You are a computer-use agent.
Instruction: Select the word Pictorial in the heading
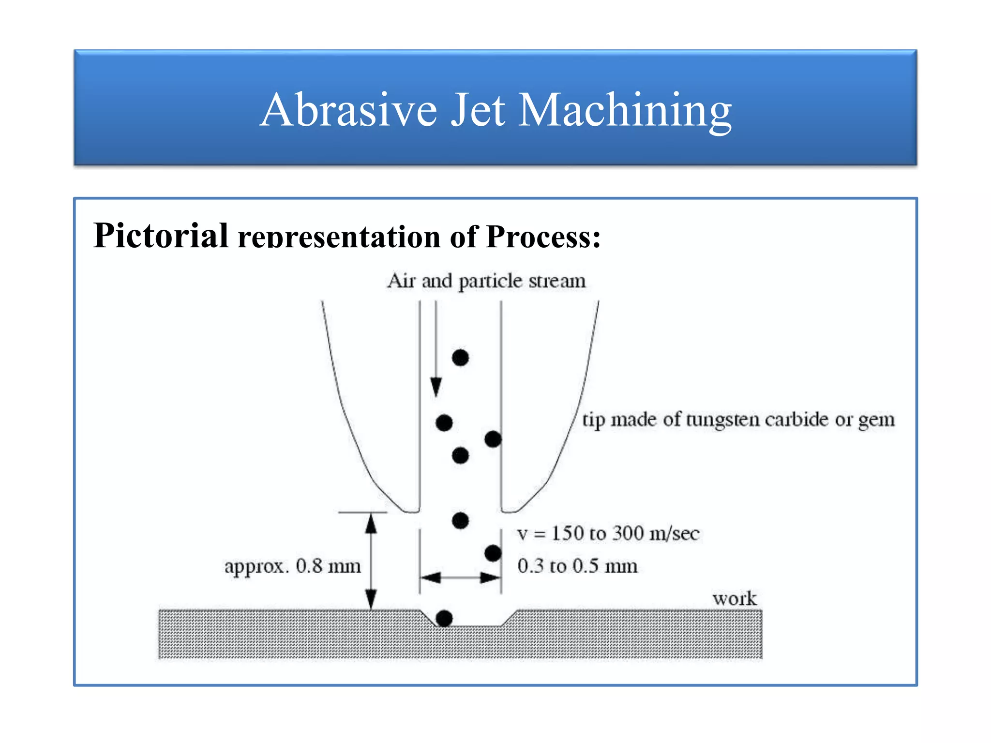click(x=161, y=236)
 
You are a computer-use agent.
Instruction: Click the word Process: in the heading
click(x=543, y=237)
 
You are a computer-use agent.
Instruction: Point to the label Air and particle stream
click(x=486, y=281)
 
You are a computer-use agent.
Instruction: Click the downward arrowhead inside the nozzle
click(x=436, y=387)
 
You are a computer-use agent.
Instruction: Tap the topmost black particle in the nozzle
click(x=460, y=358)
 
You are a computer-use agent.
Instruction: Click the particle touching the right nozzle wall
click(x=493, y=439)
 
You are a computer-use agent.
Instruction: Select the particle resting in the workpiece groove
click(x=444, y=618)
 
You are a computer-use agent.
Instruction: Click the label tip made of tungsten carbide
click(x=738, y=419)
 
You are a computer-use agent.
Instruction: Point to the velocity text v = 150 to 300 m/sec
click(x=608, y=534)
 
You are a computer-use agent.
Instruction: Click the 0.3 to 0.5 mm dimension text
click(x=577, y=566)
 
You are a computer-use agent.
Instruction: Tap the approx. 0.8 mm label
click(x=292, y=566)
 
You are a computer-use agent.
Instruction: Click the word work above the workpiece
click(x=734, y=599)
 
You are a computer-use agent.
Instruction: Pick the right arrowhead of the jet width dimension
click(x=490, y=578)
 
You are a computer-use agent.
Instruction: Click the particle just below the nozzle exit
click(x=460, y=521)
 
